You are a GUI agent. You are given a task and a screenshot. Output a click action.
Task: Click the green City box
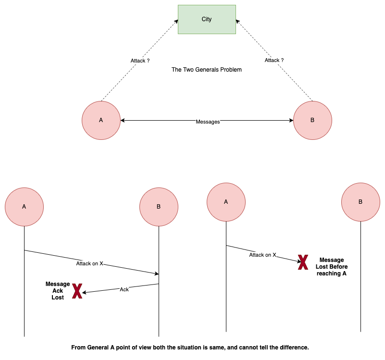[x=207, y=19]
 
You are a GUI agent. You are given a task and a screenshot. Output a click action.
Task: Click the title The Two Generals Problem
[x=207, y=70]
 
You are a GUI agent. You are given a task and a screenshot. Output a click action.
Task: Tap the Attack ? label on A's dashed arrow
[x=140, y=61]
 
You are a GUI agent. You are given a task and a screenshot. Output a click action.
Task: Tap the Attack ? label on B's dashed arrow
[x=274, y=60]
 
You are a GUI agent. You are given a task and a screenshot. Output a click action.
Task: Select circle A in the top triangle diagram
[x=101, y=120]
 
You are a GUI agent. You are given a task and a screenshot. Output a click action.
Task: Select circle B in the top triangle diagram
[x=312, y=120]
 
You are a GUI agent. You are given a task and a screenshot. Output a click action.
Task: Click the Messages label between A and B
[x=208, y=122]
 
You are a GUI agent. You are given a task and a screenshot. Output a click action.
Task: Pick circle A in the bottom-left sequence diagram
[x=24, y=207]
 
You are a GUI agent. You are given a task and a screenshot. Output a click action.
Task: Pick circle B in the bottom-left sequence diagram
[x=159, y=207]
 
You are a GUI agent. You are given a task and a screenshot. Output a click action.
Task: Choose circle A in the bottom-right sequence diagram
[x=226, y=202]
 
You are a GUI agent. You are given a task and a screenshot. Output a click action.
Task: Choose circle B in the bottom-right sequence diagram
[x=360, y=202]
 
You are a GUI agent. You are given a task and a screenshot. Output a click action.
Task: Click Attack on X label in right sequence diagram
[x=262, y=255]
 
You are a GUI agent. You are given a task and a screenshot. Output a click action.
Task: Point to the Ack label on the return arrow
[x=124, y=289]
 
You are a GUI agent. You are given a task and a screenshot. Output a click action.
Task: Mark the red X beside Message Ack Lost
[x=77, y=291]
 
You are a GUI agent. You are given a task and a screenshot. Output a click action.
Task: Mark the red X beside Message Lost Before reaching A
[x=303, y=262]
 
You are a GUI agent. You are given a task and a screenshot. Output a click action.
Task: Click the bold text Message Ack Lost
[x=58, y=291]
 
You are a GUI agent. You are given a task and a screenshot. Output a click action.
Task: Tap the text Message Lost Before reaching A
[x=332, y=267]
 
